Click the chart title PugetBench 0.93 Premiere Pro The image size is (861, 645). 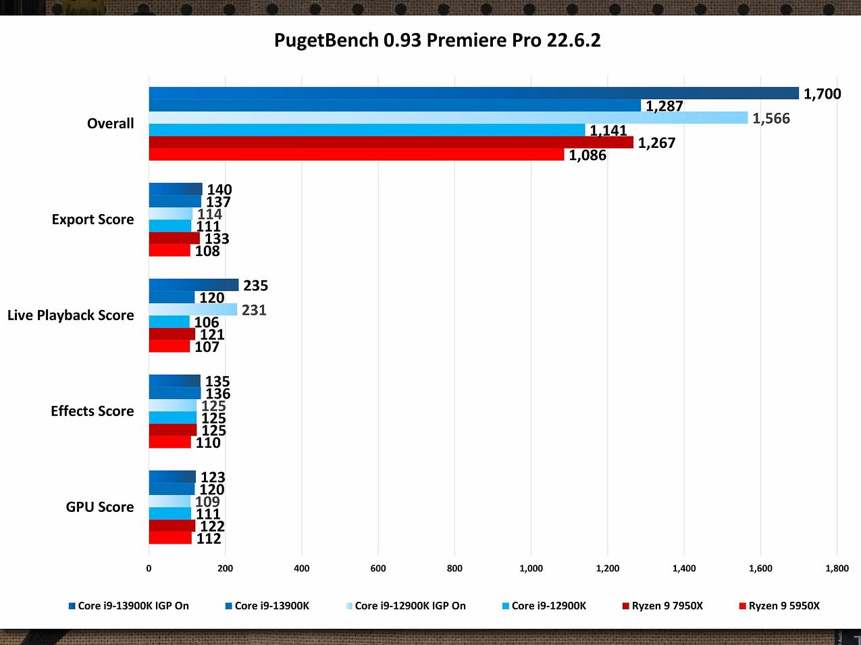437,41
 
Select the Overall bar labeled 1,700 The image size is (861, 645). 473,93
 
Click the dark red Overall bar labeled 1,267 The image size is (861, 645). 391,143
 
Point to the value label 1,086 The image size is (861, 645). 587,155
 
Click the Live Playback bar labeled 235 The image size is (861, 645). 193,285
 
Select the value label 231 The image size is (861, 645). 254,310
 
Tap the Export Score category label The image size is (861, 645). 93,220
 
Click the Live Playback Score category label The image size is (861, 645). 70,315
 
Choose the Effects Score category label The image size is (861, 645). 92,411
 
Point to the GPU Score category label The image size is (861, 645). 99,507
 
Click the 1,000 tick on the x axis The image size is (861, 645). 531,569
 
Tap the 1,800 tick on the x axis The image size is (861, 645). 837,569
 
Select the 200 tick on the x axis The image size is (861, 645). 225,569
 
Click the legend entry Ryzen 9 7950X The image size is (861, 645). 667,606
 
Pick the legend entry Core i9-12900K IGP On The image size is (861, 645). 410,606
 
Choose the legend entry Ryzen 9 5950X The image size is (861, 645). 783,606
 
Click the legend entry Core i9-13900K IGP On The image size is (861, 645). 133,606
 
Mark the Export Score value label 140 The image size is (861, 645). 219,190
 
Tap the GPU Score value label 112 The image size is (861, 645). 209,538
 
